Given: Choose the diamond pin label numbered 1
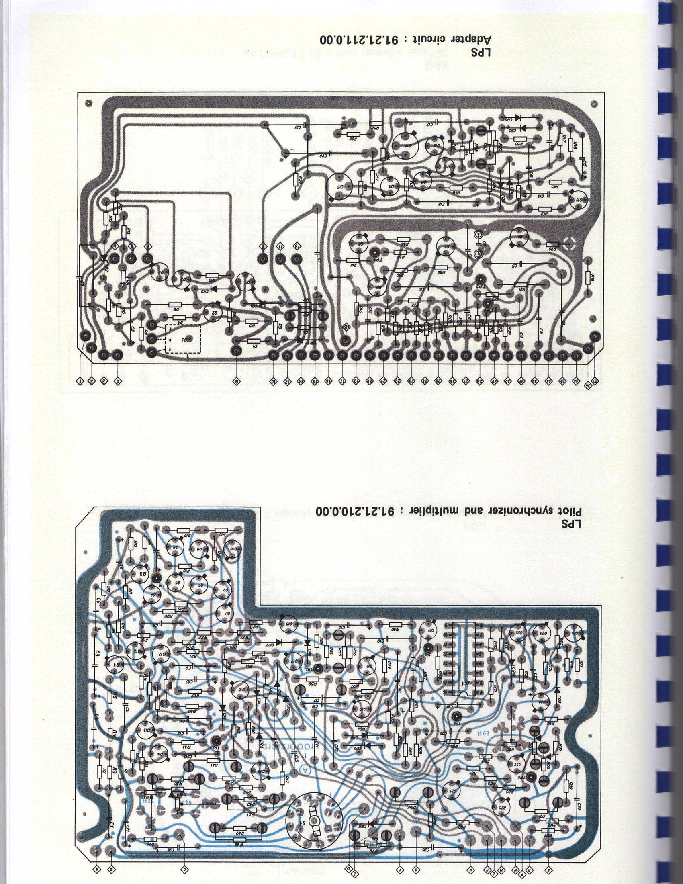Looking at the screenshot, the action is [80, 381].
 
